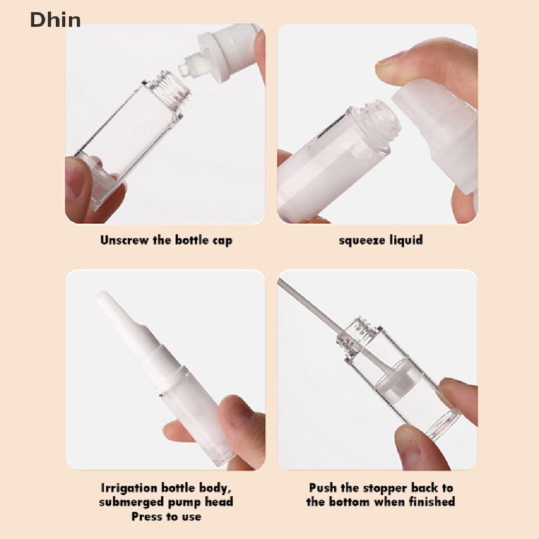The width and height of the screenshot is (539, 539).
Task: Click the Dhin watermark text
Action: point(55,20)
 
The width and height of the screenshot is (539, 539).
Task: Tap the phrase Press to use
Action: point(166,516)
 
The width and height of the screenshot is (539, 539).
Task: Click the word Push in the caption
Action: point(322,488)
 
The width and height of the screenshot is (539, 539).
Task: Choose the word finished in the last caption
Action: point(429,502)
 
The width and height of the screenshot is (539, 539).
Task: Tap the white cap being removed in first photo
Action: point(232,53)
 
